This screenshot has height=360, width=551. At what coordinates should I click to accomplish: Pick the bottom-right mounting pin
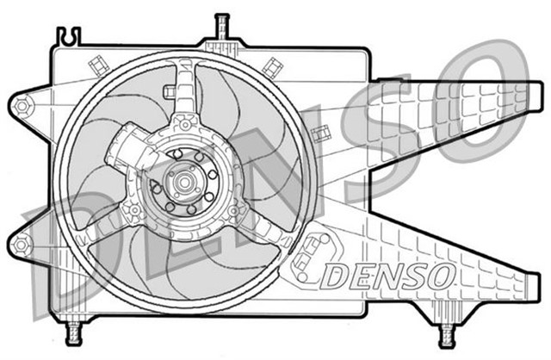coord(447,332)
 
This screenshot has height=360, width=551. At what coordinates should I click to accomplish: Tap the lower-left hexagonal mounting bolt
coord(22,245)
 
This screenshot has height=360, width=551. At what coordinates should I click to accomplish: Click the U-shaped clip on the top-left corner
coord(66,36)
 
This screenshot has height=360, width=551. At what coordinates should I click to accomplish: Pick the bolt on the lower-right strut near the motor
coord(233,208)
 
